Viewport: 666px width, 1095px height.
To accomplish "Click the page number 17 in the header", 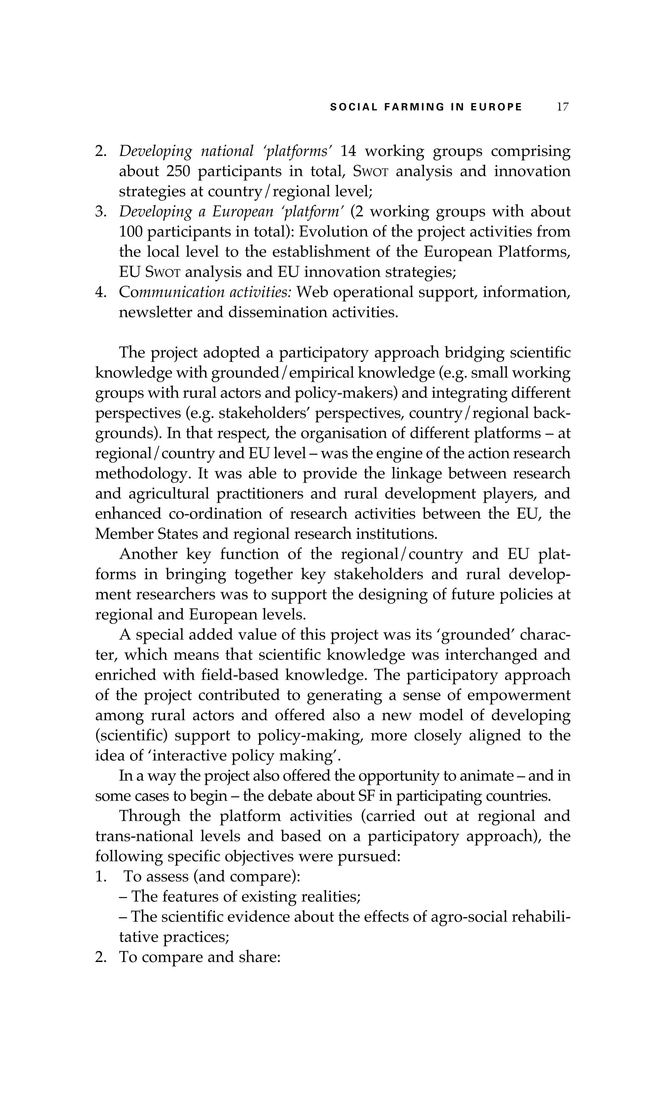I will tap(562, 107).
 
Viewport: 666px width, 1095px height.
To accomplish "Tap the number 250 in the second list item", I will tap(178, 171).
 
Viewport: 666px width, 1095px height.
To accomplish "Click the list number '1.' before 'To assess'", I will tap(100, 877).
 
